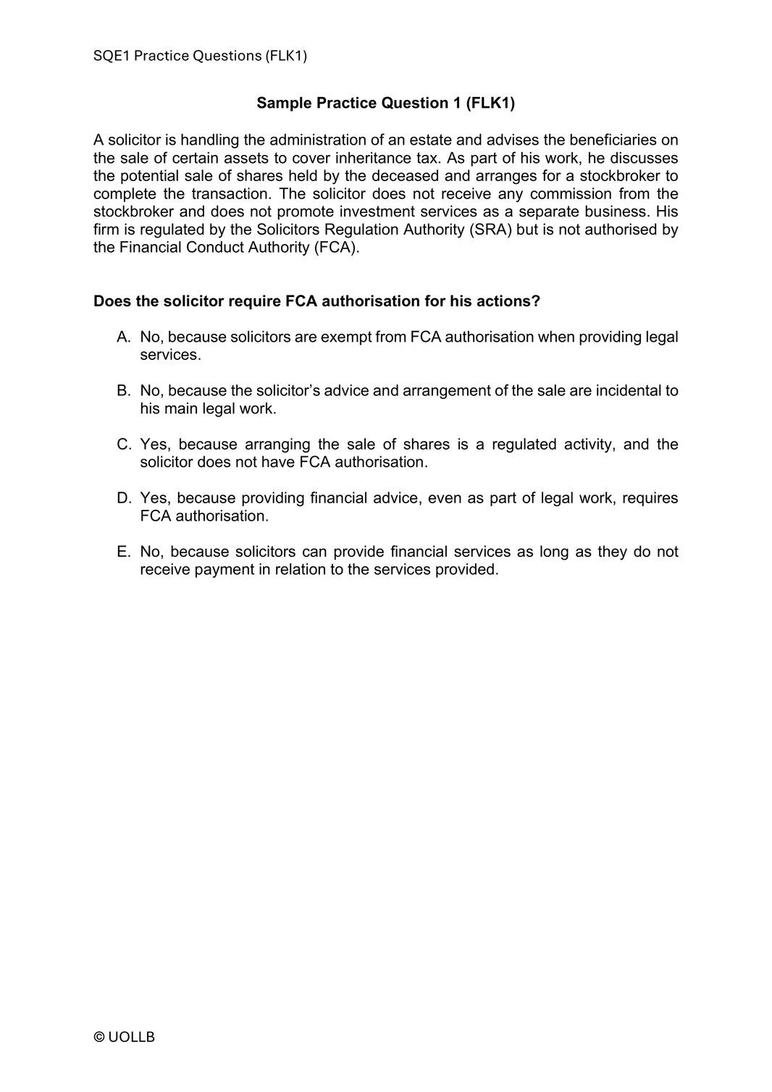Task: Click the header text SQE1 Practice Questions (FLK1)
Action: click(x=200, y=56)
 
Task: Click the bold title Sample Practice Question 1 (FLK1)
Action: click(x=385, y=104)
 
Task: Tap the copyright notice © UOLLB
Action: click(x=124, y=1037)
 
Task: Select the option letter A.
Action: click(x=123, y=337)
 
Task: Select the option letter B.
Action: click(x=123, y=391)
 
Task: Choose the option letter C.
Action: click(x=123, y=445)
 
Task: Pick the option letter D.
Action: click(x=123, y=498)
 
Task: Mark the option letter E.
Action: click(x=123, y=552)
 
